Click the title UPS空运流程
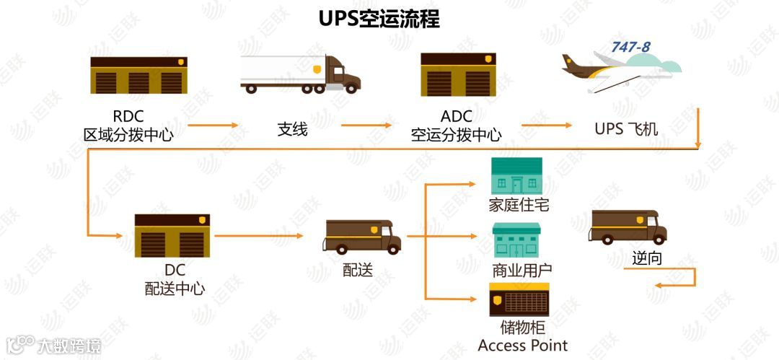click(379, 18)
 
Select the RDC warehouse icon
click(138, 75)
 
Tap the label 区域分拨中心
click(128, 134)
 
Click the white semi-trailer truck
click(300, 74)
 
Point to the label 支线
click(293, 129)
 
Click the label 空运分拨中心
click(457, 134)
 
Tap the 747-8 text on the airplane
click(630, 47)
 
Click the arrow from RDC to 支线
click(214, 126)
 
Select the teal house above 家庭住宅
click(516, 175)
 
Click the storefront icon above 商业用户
click(516, 240)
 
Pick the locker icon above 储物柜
click(519, 299)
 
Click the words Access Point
click(523, 346)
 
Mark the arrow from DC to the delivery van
click(258, 236)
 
